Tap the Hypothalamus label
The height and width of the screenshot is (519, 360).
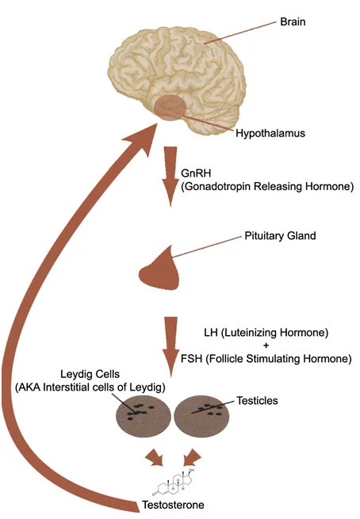[271, 133]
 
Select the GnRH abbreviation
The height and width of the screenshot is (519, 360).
[197, 173]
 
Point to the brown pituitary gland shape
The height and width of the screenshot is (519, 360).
[163, 270]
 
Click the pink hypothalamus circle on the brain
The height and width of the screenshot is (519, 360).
[170, 108]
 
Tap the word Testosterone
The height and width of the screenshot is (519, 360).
[171, 504]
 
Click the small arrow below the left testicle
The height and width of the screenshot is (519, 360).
[154, 457]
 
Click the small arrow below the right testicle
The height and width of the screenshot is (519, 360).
[191, 457]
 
